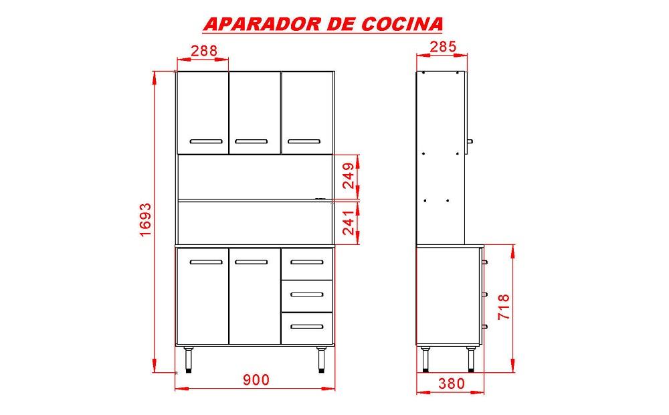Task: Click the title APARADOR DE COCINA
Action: [x=323, y=24]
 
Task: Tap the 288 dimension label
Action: [x=204, y=51]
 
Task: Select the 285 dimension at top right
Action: [x=443, y=47]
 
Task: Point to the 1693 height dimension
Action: [x=145, y=220]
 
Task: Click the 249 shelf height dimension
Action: [x=349, y=175]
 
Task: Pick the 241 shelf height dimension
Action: [x=349, y=222]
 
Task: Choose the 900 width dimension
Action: [x=256, y=379]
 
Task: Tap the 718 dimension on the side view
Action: [x=504, y=307]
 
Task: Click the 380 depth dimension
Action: [x=452, y=384]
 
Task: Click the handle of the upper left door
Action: [x=206, y=141]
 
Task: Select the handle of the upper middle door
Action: [x=252, y=141]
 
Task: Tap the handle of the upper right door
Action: [x=304, y=141]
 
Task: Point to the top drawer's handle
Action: [x=307, y=262]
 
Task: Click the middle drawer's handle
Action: [x=307, y=294]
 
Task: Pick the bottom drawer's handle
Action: [x=307, y=327]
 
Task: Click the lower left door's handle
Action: [x=206, y=262]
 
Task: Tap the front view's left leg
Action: [x=188, y=360]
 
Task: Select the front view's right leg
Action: [x=321, y=360]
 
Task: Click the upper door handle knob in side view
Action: [x=470, y=141]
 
